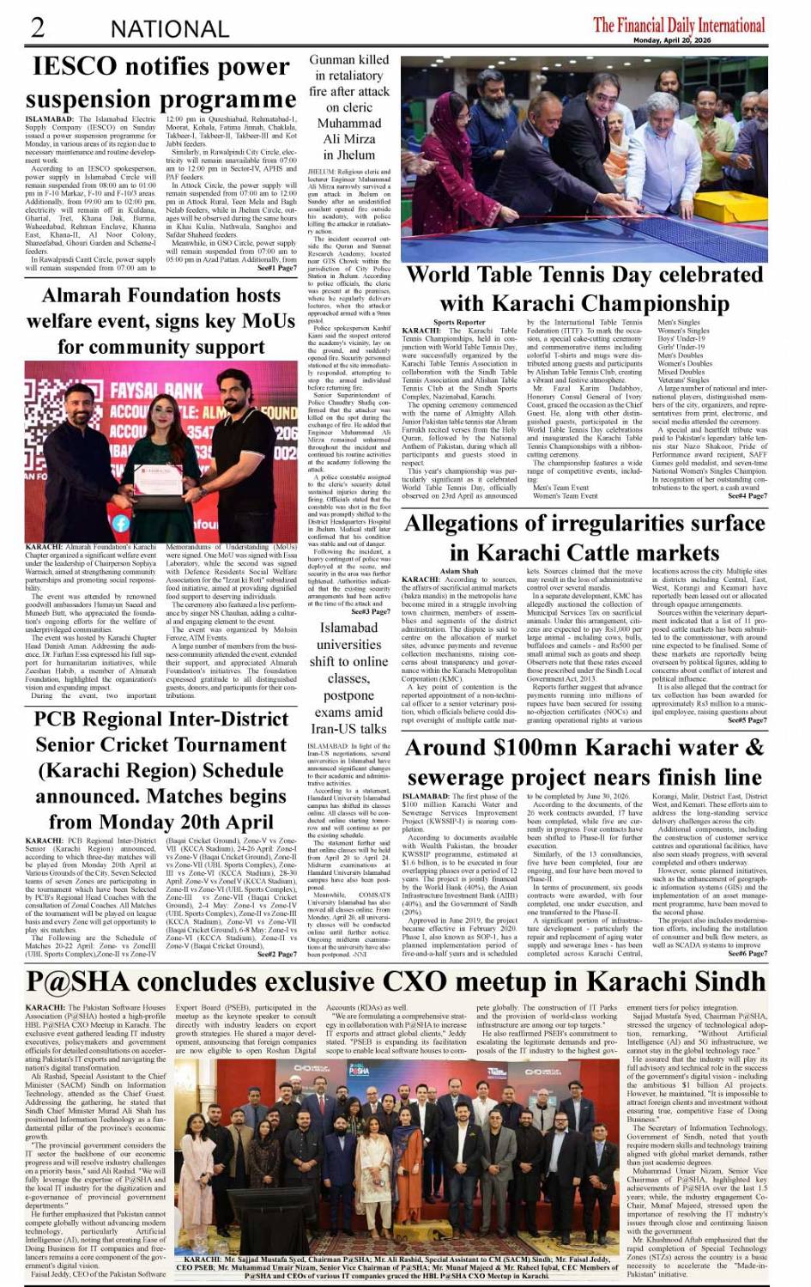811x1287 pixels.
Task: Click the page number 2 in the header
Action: click(x=38, y=27)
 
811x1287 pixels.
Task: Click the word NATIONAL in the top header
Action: click(x=169, y=29)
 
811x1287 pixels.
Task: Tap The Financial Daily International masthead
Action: click(x=679, y=25)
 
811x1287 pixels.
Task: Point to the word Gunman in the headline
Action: click(x=332, y=60)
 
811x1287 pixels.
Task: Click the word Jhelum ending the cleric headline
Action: click(x=349, y=155)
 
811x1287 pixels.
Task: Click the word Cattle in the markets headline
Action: click(x=608, y=552)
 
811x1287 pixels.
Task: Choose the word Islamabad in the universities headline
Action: click(x=348, y=628)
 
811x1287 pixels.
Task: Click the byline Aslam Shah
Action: click(x=459, y=571)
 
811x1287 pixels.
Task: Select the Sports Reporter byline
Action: click(x=459, y=323)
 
